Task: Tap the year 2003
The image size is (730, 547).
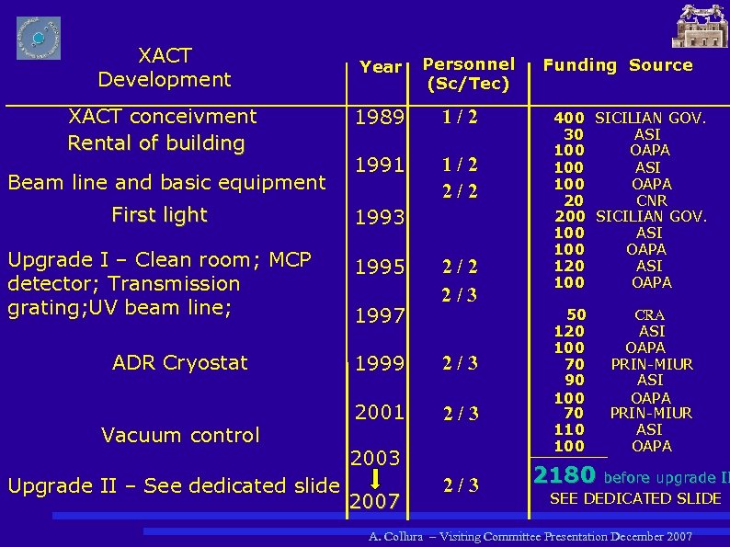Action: click(x=374, y=458)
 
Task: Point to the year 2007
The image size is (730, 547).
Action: click(x=374, y=502)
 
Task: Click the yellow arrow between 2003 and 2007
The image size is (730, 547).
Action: click(x=375, y=480)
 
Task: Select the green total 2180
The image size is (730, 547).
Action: click(x=565, y=476)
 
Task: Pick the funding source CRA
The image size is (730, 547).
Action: click(x=649, y=315)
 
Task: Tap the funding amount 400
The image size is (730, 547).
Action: click(x=568, y=118)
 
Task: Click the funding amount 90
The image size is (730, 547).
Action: click(x=574, y=380)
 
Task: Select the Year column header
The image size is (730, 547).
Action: click(x=381, y=67)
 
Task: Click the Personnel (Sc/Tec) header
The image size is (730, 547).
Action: click(x=468, y=74)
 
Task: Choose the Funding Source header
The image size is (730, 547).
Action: click(x=617, y=64)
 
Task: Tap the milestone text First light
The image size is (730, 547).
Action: click(x=159, y=215)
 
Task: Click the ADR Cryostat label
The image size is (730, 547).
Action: click(x=180, y=363)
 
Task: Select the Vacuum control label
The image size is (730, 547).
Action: click(x=180, y=435)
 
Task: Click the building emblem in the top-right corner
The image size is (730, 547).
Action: click(x=700, y=26)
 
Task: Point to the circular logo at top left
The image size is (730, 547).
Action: click(x=39, y=38)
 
